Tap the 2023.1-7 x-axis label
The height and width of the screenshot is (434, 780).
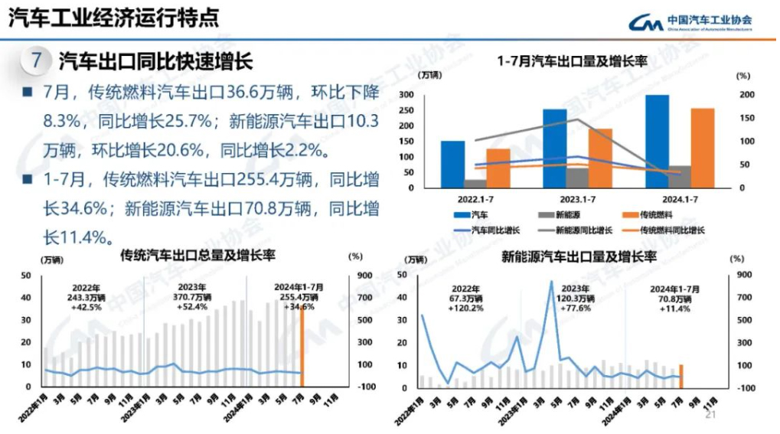point(566,198)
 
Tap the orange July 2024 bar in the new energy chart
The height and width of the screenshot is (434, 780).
point(680,376)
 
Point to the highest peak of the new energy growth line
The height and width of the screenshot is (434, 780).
point(550,282)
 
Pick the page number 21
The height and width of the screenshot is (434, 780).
point(709,414)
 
